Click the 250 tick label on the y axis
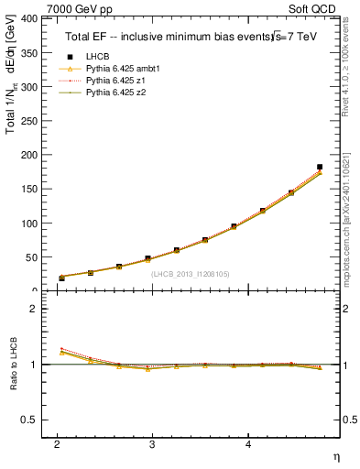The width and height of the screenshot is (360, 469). pyautogui.click(x=28, y=121)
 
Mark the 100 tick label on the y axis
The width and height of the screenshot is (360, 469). pyautogui.click(x=28, y=224)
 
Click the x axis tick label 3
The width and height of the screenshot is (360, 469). pyautogui.click(x=152, y=444)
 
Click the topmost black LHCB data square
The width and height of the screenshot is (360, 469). pyautogui.click(x=320, y=167)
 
